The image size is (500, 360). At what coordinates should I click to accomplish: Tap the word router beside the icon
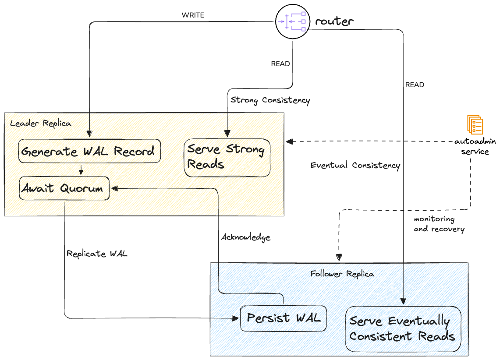click(x=334, y=21)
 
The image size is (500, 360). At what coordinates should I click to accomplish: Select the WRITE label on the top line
click(x=193, y=15)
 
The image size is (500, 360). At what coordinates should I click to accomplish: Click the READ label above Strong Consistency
click(x=280, y=64)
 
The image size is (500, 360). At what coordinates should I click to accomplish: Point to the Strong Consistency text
click(x=270, y=100)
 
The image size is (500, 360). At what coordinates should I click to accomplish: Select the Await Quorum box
click(x=64, y=188)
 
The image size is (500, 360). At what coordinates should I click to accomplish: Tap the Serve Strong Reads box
click(x=227, y=157)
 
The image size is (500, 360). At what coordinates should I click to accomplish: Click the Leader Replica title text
click(x=40, y=123)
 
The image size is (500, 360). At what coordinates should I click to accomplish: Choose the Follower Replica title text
click(x=342, y=274)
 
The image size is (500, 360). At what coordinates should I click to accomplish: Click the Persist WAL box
click(x=284, y=318)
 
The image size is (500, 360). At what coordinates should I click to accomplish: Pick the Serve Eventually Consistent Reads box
click(x=403, y=328)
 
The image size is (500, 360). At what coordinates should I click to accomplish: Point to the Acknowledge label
click(x=245, y=237)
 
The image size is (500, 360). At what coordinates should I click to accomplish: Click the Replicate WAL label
click(x=97, y=253)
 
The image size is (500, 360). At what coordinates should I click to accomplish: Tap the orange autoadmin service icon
click(x=475, y=125)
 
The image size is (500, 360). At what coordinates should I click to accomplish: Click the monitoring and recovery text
click(x=439, y=224)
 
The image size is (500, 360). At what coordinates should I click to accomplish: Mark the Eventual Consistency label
click(x=355, y=165)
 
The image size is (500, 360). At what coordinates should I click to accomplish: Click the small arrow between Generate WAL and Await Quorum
click(x=81, y=169)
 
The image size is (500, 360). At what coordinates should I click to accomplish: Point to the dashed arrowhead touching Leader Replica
click(x=289, y=141)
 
